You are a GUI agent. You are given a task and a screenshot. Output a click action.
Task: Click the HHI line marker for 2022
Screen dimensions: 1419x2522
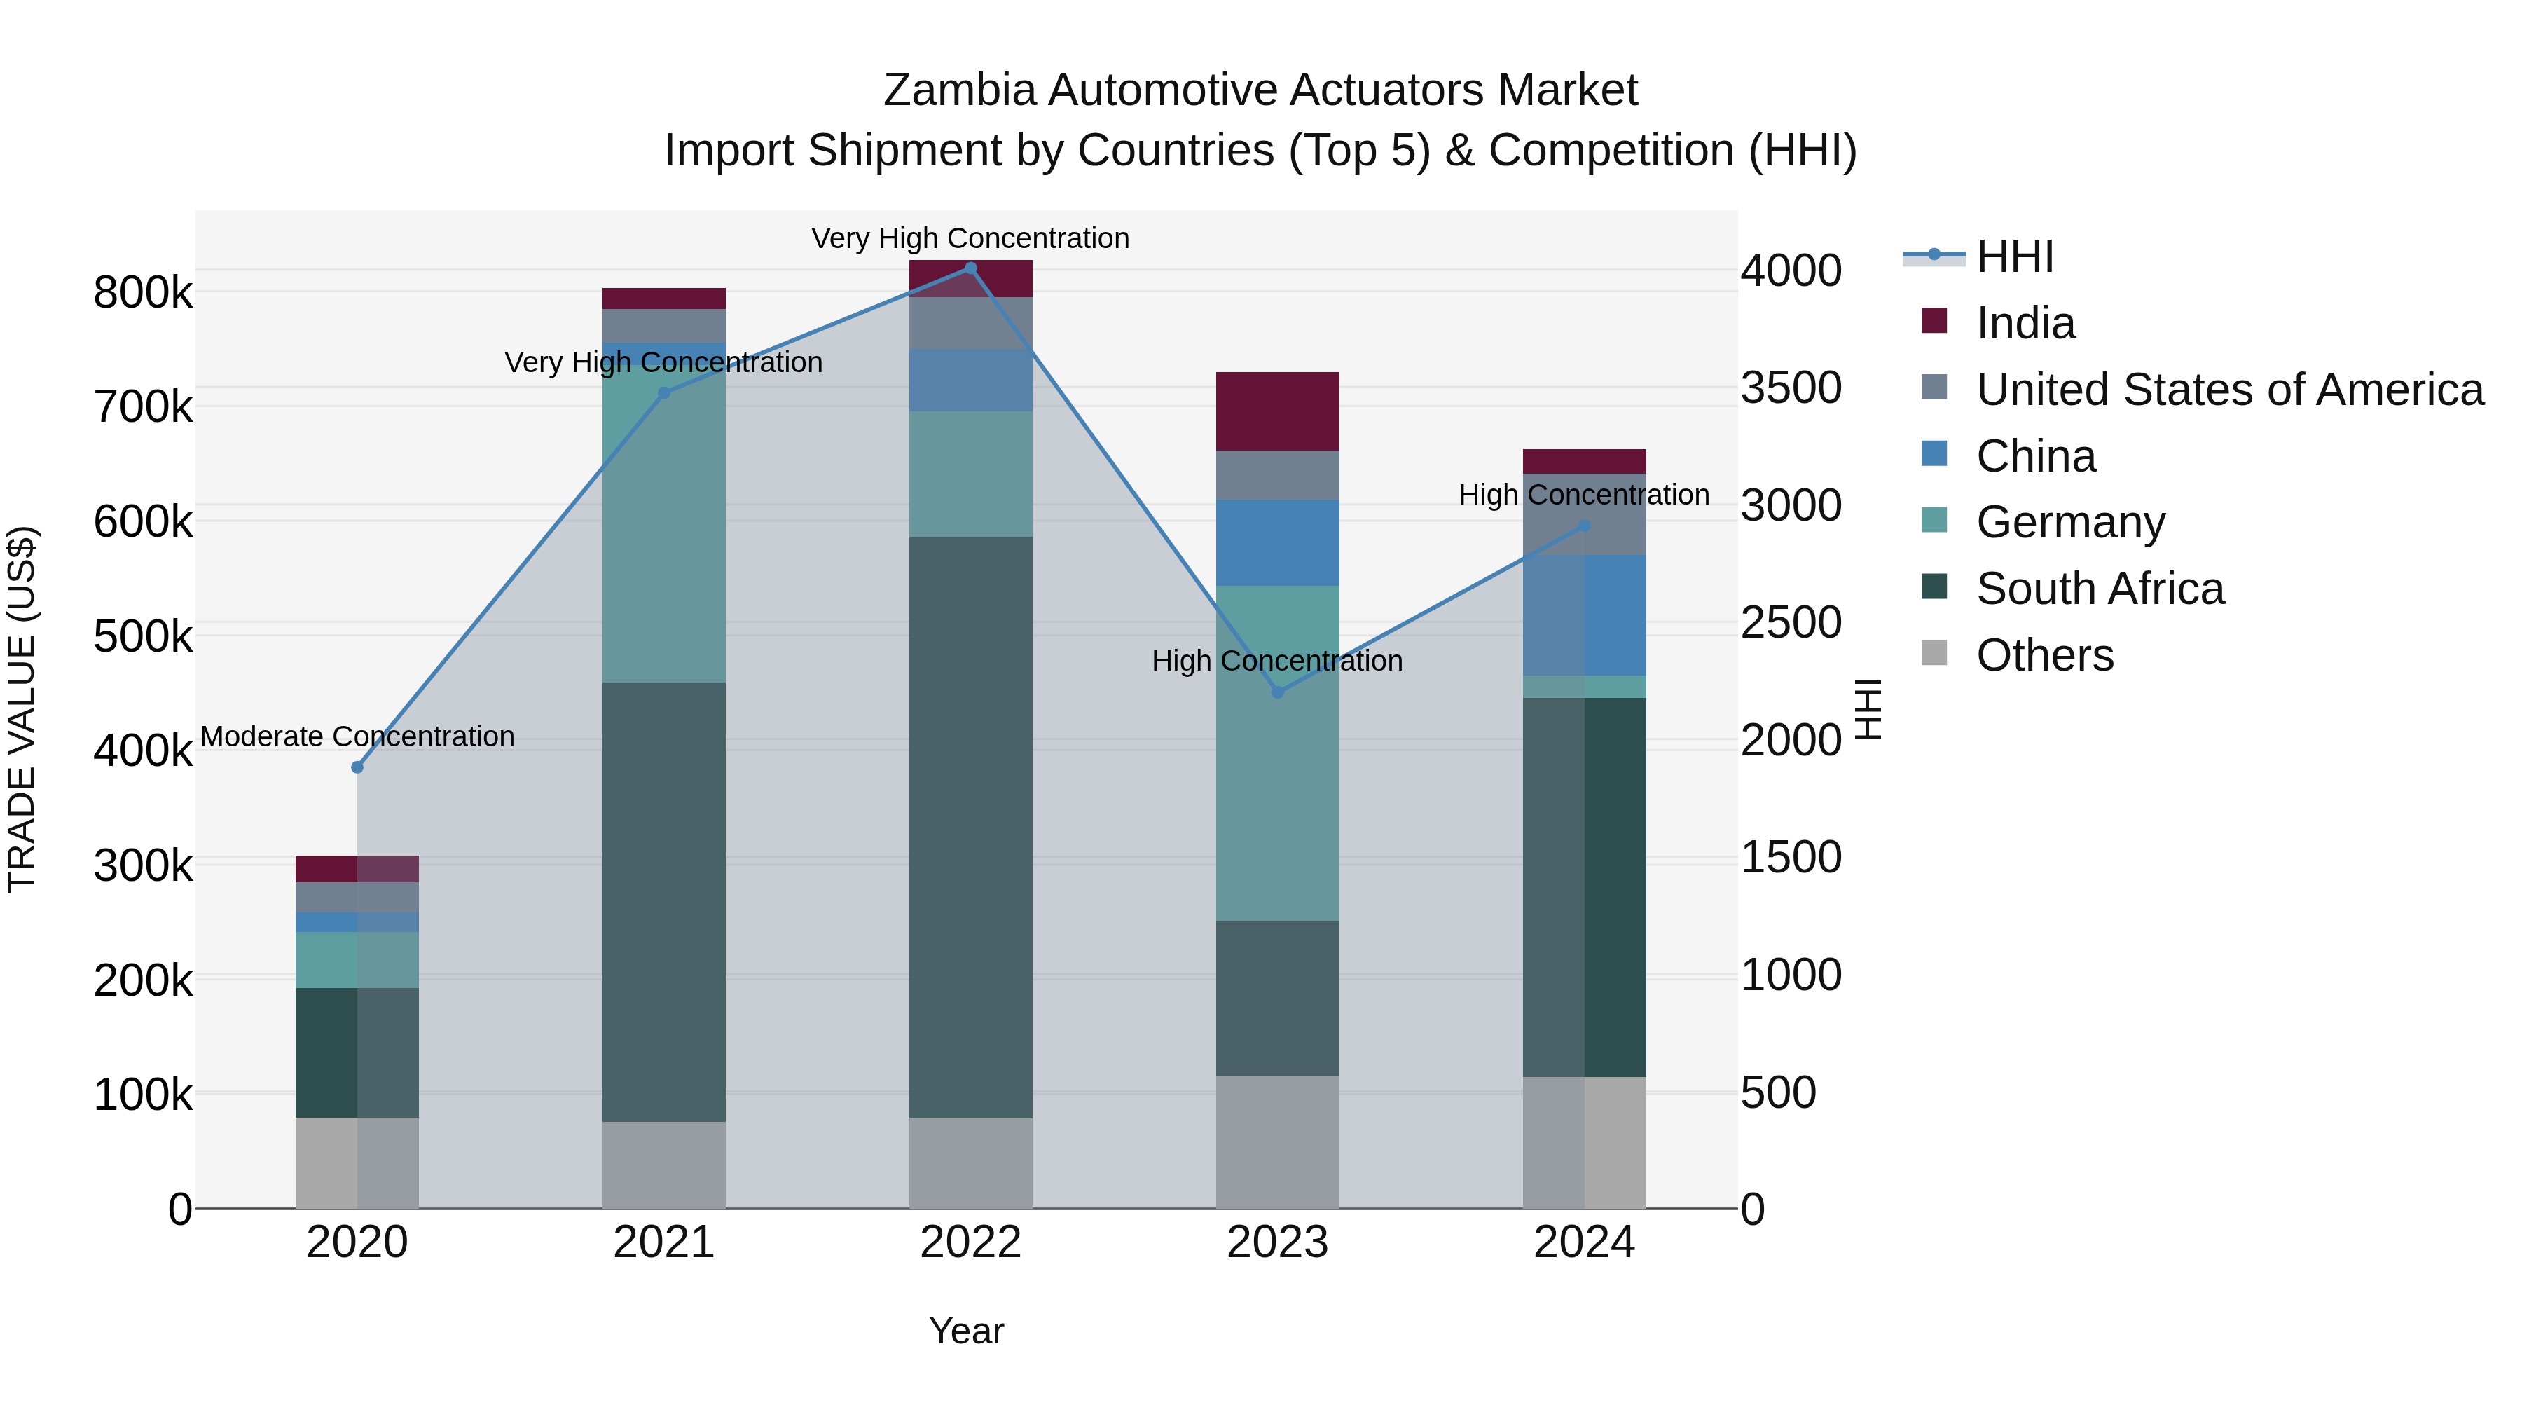970,268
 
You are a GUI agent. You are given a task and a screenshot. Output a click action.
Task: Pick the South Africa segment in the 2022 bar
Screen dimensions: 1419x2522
970,828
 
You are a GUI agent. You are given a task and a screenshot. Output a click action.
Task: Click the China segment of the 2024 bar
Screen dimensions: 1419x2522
1584,615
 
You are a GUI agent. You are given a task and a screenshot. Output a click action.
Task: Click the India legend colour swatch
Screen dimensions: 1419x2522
1934,321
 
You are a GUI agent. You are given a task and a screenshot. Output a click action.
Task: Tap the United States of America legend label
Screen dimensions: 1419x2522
2229,390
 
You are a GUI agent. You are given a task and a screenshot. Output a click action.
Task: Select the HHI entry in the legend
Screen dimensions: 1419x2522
2014,256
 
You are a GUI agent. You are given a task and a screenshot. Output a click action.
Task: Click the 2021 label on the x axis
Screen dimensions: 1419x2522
664,1242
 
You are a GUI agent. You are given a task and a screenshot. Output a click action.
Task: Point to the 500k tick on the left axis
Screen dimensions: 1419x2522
143,636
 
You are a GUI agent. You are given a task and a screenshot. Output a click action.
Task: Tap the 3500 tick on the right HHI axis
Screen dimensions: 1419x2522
1791,388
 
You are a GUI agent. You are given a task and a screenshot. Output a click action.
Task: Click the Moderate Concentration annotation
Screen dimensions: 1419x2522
357,736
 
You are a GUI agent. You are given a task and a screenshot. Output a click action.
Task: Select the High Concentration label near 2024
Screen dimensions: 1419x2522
1584,495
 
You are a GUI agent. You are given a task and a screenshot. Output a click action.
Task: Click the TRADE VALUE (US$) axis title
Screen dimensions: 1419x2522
22,709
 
